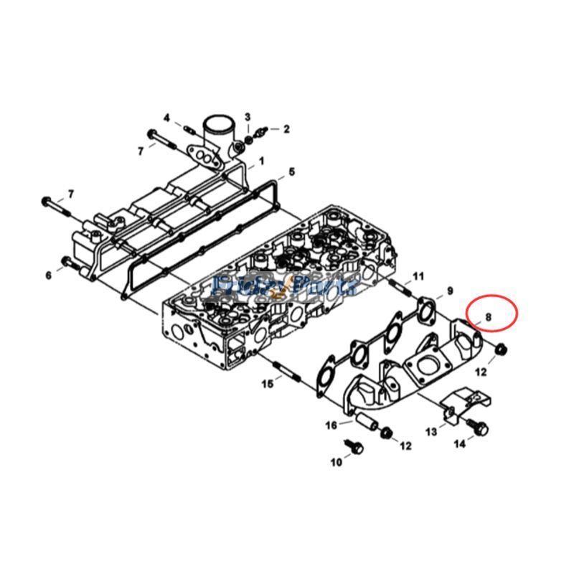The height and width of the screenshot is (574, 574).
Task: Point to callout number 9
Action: (450, 291)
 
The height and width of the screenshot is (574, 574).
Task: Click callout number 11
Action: (418, 276)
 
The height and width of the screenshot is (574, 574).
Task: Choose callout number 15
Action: (267, 385)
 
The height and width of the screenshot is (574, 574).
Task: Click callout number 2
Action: (286, 129)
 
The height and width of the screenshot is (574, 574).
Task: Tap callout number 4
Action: (166, 118)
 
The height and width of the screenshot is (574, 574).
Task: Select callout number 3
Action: (248, 117)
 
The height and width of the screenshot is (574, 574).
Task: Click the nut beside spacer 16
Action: (386, 433)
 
